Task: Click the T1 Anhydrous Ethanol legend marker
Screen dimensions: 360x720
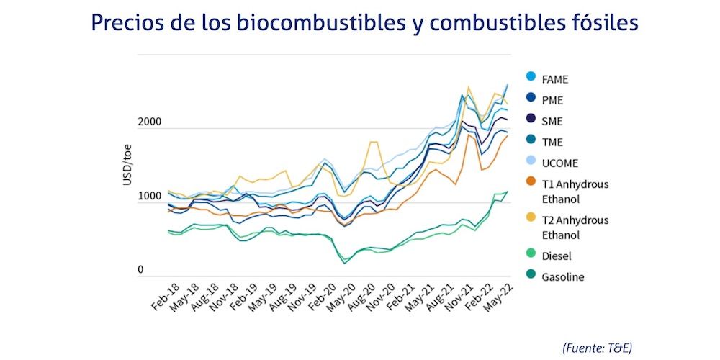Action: [x=531, y=184]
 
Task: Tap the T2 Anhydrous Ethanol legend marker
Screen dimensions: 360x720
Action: [x=531, y=220]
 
